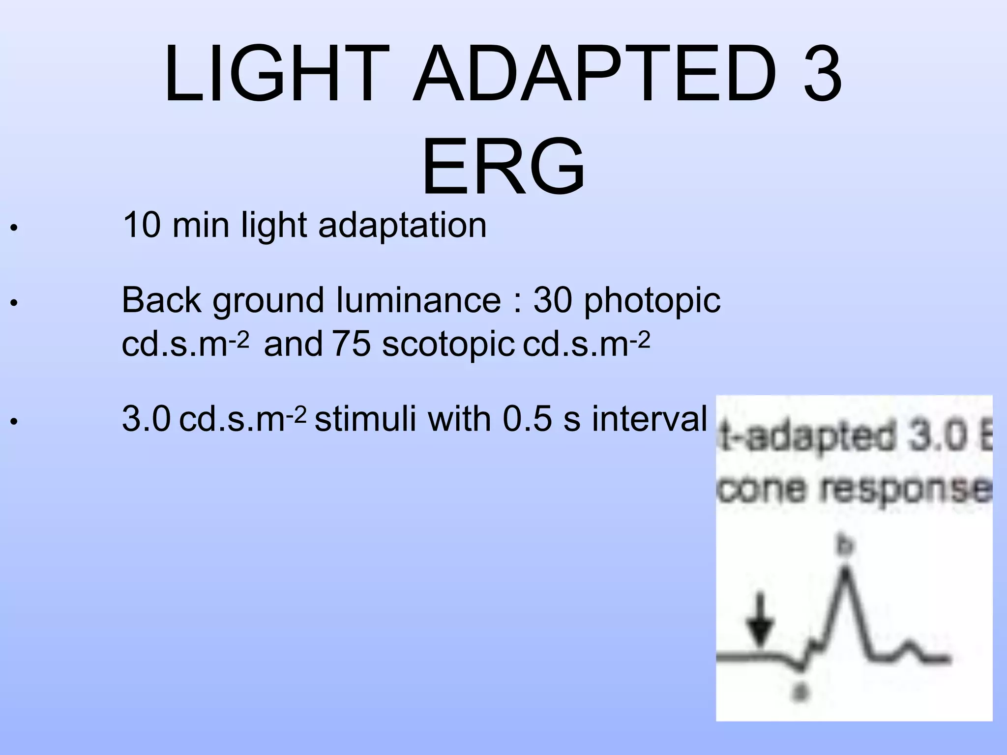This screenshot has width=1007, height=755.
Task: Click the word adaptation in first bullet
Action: coord(402,226)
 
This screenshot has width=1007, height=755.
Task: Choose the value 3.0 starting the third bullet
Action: coord(146,419)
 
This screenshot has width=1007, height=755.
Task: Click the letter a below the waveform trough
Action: coord(800,692)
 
